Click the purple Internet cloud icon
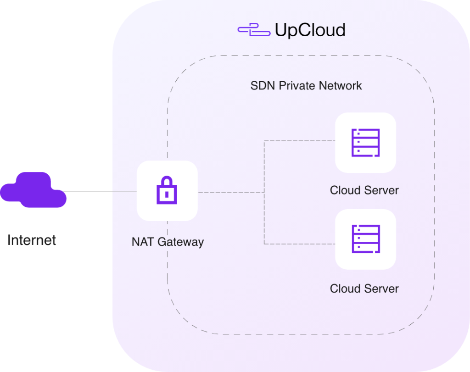click(33, 190)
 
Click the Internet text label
click(32, 240)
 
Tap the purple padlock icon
click(167, 190)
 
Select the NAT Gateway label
click(168, 242)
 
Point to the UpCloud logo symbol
click(254, 30)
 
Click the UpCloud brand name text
click(310, 30)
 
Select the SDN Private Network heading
click(306, 86)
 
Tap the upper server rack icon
click(365, 143)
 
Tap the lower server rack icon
click(365, 239)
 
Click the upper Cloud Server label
click(364, 190)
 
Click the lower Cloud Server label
click(364, 289)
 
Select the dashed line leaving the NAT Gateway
click(229, 192)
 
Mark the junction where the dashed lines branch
click(264, 192)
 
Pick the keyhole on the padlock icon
click(167, 194)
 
